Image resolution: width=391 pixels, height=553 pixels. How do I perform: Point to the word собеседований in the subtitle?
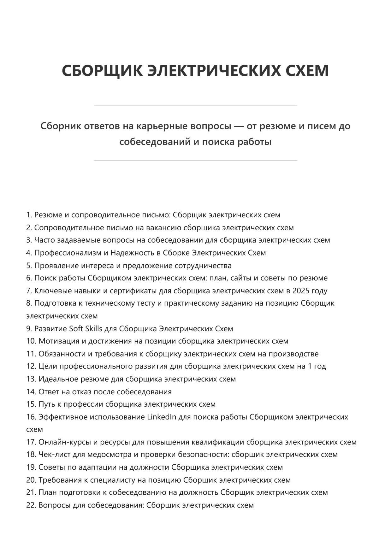154,142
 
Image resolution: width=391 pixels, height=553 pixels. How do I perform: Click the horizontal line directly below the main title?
195,106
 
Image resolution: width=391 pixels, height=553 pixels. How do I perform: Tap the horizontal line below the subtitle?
195,161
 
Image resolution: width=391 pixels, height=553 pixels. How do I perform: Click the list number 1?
29,215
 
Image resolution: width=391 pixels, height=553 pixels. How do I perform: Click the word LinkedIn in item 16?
162,417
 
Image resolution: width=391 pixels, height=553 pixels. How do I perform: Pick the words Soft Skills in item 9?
86,329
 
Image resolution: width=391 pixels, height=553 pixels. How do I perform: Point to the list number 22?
31,505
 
